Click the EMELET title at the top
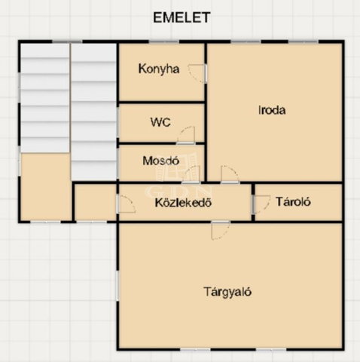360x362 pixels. (182, 17)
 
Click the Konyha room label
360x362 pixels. (159, 69)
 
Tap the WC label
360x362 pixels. (160, 122)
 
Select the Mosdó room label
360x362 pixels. (161, 161)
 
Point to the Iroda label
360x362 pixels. (272, 110)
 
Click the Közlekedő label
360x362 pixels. (183, 203)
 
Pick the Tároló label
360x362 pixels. (293, 201)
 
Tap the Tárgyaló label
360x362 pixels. (227, 292)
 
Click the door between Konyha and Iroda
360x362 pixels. (198, 74)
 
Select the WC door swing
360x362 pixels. (186, 135)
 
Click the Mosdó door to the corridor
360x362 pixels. (192, 174)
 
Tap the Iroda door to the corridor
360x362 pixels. (230, 174)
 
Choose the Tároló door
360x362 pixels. (261, 204)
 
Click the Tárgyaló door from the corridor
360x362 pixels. (221, 230)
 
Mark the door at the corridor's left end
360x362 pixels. (127, 204)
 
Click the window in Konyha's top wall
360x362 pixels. (165, 41)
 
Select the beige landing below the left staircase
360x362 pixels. (45, 187)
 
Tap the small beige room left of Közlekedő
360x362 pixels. (96, 202)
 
